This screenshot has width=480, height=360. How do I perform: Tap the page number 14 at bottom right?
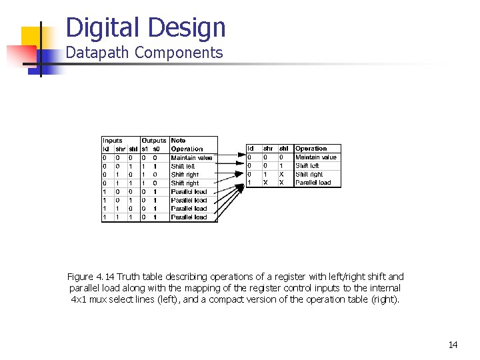(x=453, y=345)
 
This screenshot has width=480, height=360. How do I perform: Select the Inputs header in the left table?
(x=112, y=141)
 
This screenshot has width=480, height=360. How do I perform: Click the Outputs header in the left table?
(x=154, y=141)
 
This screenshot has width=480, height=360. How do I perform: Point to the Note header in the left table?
(x=178, y=141)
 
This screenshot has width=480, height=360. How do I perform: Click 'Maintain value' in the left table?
(x=192, y=158)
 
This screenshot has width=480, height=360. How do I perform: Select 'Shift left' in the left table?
(x=183, y=167)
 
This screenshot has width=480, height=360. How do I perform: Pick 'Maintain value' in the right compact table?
(x=317, y=157)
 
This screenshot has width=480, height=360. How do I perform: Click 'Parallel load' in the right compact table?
(x=313, y=183)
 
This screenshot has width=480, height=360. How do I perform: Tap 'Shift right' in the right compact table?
(x=310, y=174)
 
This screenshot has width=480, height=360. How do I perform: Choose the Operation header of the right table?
(x=311, y=149)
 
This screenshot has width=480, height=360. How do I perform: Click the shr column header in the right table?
(x=268, y=149)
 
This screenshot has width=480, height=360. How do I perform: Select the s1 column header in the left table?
(x=145, y=149)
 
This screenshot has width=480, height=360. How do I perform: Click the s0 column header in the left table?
(x=156, y=149)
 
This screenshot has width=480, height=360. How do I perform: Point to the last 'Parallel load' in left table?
(x=189, y=217)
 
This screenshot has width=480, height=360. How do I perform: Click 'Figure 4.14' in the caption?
(x=91, y=277)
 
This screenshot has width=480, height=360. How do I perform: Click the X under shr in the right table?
(x=266, y=183)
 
